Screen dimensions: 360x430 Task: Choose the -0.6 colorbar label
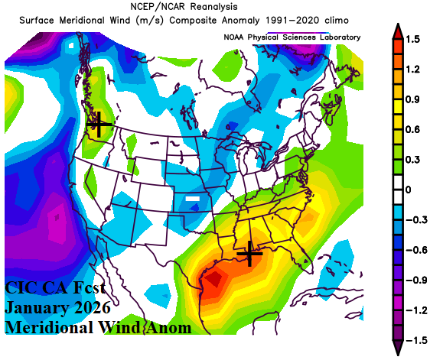[417, 249]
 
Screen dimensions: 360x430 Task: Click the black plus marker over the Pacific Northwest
[97, 123]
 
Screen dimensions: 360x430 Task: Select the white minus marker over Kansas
[196, 199]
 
